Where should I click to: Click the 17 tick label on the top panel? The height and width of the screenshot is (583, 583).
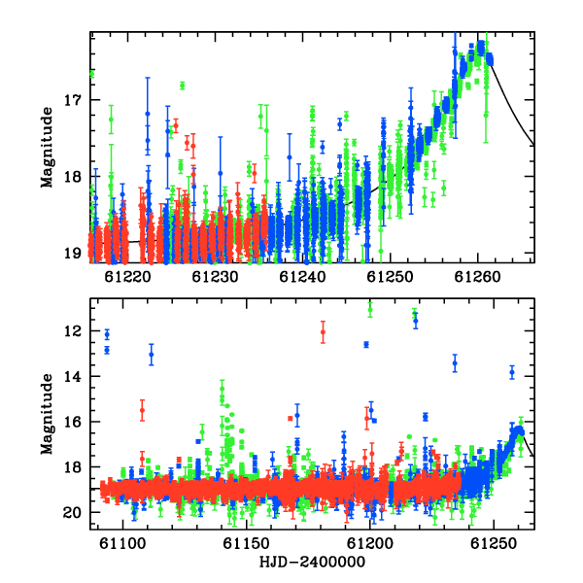pos(73,100)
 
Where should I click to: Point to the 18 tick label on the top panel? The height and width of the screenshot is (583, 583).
pos(73,177)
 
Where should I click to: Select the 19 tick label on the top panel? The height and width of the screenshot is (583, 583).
pos(73,254)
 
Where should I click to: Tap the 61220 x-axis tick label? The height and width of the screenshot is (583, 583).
pos(127,277)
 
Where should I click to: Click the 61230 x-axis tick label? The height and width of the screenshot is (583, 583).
pos(215,277)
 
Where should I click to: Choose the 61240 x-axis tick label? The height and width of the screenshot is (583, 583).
pos(302,277)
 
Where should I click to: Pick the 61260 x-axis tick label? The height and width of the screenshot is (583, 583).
pos(477,277)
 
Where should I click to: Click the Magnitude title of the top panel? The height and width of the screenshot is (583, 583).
pos(47,148)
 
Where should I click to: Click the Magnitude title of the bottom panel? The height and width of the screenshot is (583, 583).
pos(47,414)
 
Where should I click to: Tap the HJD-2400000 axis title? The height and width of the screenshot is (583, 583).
pos(312,562)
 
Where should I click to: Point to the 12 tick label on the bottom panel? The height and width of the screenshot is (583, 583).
pos(73,331)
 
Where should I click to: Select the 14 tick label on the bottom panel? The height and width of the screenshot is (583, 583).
pos(73,377)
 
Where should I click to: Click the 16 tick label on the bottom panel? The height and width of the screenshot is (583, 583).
pos(73,422)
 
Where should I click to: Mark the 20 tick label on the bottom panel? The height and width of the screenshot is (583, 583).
pos(73,513)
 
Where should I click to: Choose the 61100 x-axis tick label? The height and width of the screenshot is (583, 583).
pos(122,544)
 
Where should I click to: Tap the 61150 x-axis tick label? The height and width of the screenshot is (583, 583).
pos(246,544)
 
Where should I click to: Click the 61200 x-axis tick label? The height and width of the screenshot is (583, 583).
pos(370,544)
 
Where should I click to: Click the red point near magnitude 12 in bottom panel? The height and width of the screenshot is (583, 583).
pos(324,332)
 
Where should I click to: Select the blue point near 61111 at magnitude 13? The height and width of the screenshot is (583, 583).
pos(152,355)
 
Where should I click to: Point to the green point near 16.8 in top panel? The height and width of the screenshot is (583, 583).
pos(183,86)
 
